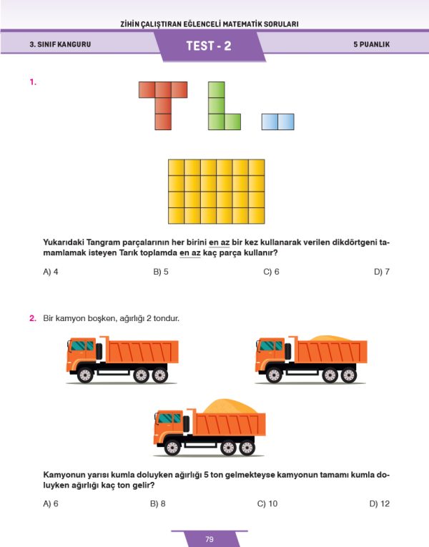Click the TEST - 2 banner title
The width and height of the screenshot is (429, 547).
point(209,45)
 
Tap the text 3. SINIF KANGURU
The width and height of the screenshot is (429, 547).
point(60,44)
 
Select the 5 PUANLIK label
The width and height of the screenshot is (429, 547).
point(371,44)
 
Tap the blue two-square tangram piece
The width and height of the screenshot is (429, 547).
point(277,122)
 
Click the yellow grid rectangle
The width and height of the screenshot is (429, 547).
point(216,192)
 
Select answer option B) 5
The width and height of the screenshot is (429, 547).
point(161,272)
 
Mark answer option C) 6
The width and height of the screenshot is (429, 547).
point(271,272)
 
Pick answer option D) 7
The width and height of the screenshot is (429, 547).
point(381,272)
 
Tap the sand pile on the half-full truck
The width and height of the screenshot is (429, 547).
point(328,337)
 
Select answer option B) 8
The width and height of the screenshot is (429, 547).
point(158,503)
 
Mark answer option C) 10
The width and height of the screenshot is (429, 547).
point(267,503)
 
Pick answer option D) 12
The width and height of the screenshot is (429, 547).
point(380,503)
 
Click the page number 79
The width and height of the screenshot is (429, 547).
point(209,539)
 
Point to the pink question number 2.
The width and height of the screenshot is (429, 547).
point(33,317)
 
